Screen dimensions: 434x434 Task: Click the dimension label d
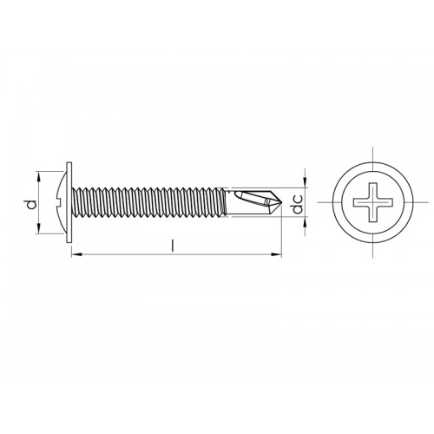tap(30, 205)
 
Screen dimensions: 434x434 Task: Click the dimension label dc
tap(297, 206)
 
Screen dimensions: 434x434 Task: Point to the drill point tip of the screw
tap(282, 204)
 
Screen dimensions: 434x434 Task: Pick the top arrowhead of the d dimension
tap(39, 174)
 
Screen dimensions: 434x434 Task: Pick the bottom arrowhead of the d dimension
tap(39, 232)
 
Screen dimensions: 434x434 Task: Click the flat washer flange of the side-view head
tap(69, 204)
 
